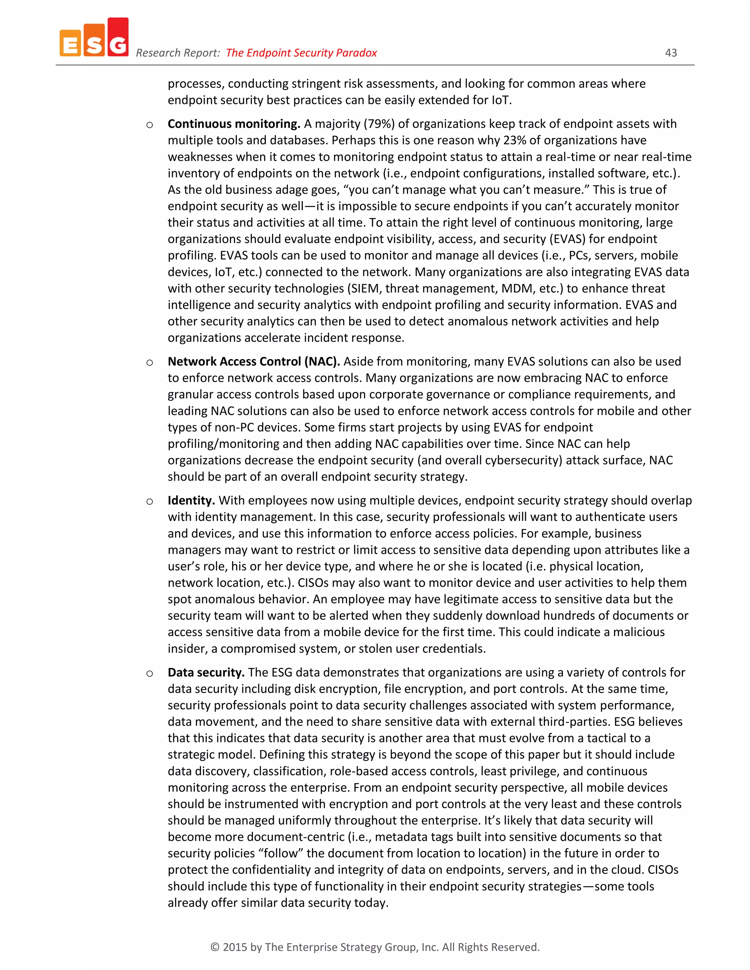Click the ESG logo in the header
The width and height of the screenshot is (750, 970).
(94, 38)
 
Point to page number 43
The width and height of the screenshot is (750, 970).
(671, 53)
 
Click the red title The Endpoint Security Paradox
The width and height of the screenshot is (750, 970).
(301, 53)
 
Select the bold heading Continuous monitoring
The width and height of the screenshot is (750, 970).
(234, 124)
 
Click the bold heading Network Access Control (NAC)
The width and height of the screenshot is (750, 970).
(254, 362)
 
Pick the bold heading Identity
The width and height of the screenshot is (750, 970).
(191, 500)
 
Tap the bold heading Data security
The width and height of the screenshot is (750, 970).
(206, 672)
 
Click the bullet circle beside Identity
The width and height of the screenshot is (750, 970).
(150, 501)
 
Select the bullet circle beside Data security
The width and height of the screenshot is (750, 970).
(150, 673)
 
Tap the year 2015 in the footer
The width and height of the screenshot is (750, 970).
(235, 947)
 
